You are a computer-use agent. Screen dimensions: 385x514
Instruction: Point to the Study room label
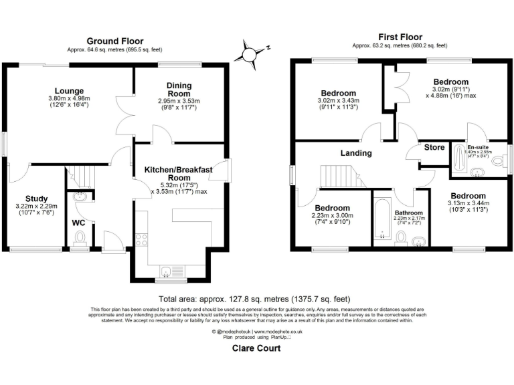pyautogui.click(x=36, y=199)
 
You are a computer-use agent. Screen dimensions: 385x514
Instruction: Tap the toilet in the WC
pyautogui.click(x=80, y=239)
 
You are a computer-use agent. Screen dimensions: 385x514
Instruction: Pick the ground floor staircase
pyautogui.click(x=82, y=178)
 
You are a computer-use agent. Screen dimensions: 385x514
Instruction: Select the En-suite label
pyautogui.click(x=477, y=147)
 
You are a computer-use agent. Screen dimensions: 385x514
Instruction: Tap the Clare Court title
pyautogui.click(x=257, y=348)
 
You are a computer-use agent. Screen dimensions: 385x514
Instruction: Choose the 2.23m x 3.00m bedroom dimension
pyautogui.click(x=333, y=215)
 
